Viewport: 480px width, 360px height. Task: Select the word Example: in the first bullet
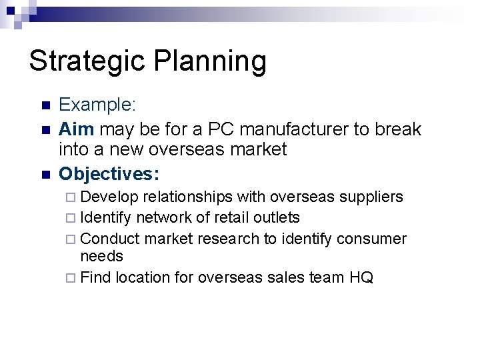pyautogui.click(x=97, y=105)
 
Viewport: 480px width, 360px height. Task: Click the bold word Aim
pyautogui.click(x=75, y=127)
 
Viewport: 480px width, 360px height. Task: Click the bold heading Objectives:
pyautogui.click(x=109, y=173)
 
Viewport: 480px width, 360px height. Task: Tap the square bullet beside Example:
pyautogui.click(x=45, y=106)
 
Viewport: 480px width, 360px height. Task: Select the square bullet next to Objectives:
pyautogui.click(x=45, y=174)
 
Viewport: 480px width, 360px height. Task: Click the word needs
pyautogui.click(x=101, y=256)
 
